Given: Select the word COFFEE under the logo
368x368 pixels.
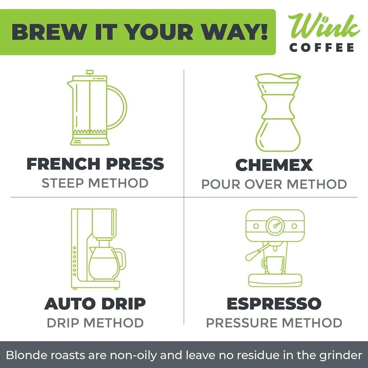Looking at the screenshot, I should click(x=322, y=48).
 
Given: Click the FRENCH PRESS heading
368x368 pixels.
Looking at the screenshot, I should click(x=95, y=164).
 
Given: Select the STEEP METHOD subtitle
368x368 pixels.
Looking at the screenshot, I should click(x=95, y=183).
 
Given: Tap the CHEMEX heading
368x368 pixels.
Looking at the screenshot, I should click(x=274, y=165).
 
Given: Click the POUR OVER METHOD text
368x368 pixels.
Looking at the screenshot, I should click(x=274, y=184).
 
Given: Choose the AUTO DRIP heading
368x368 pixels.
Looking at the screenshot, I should click(x=95, y=304).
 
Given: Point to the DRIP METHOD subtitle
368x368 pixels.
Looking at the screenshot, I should click(x=95, y=323).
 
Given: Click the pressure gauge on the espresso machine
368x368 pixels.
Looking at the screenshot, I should click(x=275, y=226).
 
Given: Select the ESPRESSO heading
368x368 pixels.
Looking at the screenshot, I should click(x=274, y=304).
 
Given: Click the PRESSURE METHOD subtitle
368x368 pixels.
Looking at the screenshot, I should click(x=274, y=323).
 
